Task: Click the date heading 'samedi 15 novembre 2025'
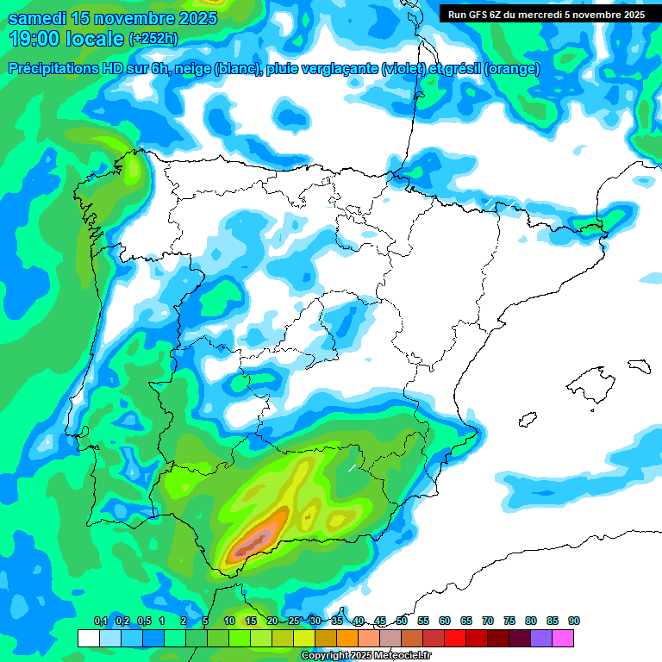112,18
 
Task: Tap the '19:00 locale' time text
66,38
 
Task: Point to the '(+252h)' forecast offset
153,39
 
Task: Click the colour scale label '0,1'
100,621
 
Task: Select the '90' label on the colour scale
574,621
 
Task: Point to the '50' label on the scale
402,621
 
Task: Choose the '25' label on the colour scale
294,621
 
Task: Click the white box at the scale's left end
88,638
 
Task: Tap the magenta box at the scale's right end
563,638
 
